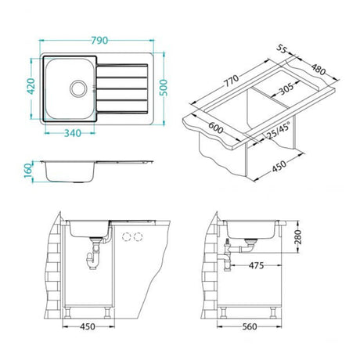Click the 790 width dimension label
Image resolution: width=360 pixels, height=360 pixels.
[99, 41]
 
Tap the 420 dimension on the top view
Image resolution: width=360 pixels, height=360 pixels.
[31, 86]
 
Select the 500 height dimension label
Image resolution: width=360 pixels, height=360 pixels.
[164, 88]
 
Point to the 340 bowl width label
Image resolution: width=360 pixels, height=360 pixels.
[73, 133]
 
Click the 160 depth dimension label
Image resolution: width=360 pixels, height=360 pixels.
[28, 170]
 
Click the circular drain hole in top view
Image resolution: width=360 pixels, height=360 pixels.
[78, 88]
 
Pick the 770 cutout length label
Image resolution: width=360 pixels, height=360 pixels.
[232, 81]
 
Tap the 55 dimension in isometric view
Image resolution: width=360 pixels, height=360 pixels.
[282, 49]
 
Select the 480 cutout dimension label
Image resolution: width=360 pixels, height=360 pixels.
[319, 70]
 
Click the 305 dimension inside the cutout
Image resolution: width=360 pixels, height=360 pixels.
[286, 88]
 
